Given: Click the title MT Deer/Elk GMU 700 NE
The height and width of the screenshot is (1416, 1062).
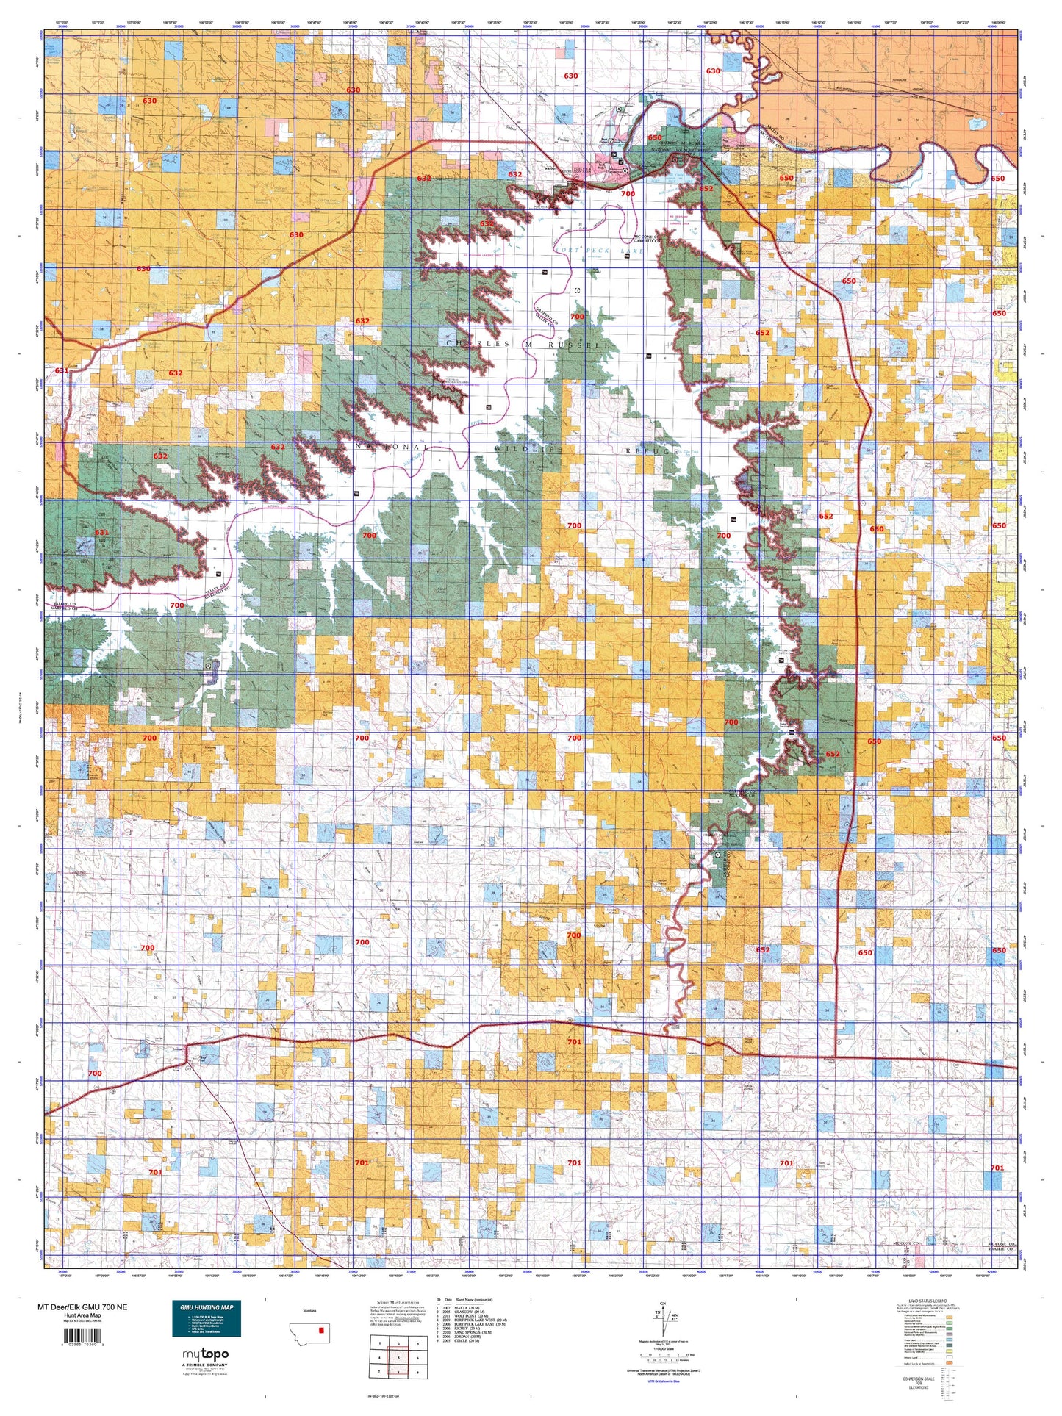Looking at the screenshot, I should pyautogui.click(x=82, y=1307).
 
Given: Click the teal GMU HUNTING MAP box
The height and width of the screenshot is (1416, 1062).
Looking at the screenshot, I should pyautogui.click(x=207, y=1320).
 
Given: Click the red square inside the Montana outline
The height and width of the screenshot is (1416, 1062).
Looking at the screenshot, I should pyautogui.click(x=321, y=1329).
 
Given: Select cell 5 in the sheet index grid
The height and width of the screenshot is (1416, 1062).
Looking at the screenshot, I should pyautogui.click(x=398, y=1358).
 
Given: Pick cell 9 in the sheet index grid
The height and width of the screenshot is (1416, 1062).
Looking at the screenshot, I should pyautogui.click(x=417, y=1372).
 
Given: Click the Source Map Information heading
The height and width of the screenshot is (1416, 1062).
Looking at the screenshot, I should pyautogui.click(x=398, y=1302).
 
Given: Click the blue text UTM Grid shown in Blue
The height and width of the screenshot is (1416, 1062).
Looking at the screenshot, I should pyautogui.click(x=663, y=1381).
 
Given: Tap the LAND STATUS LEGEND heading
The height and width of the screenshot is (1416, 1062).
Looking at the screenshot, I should pyautogui.click(x=928, y=1301).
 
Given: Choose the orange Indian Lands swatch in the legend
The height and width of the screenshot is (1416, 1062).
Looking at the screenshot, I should pyautogui.click(x=949, y=1362).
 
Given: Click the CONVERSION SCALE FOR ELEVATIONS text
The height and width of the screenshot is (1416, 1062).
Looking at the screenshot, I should pyautogui.click(x=919, y=1383).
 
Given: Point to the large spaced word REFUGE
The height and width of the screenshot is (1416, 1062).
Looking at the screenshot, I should pyautogui.click(x=651, y=450).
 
